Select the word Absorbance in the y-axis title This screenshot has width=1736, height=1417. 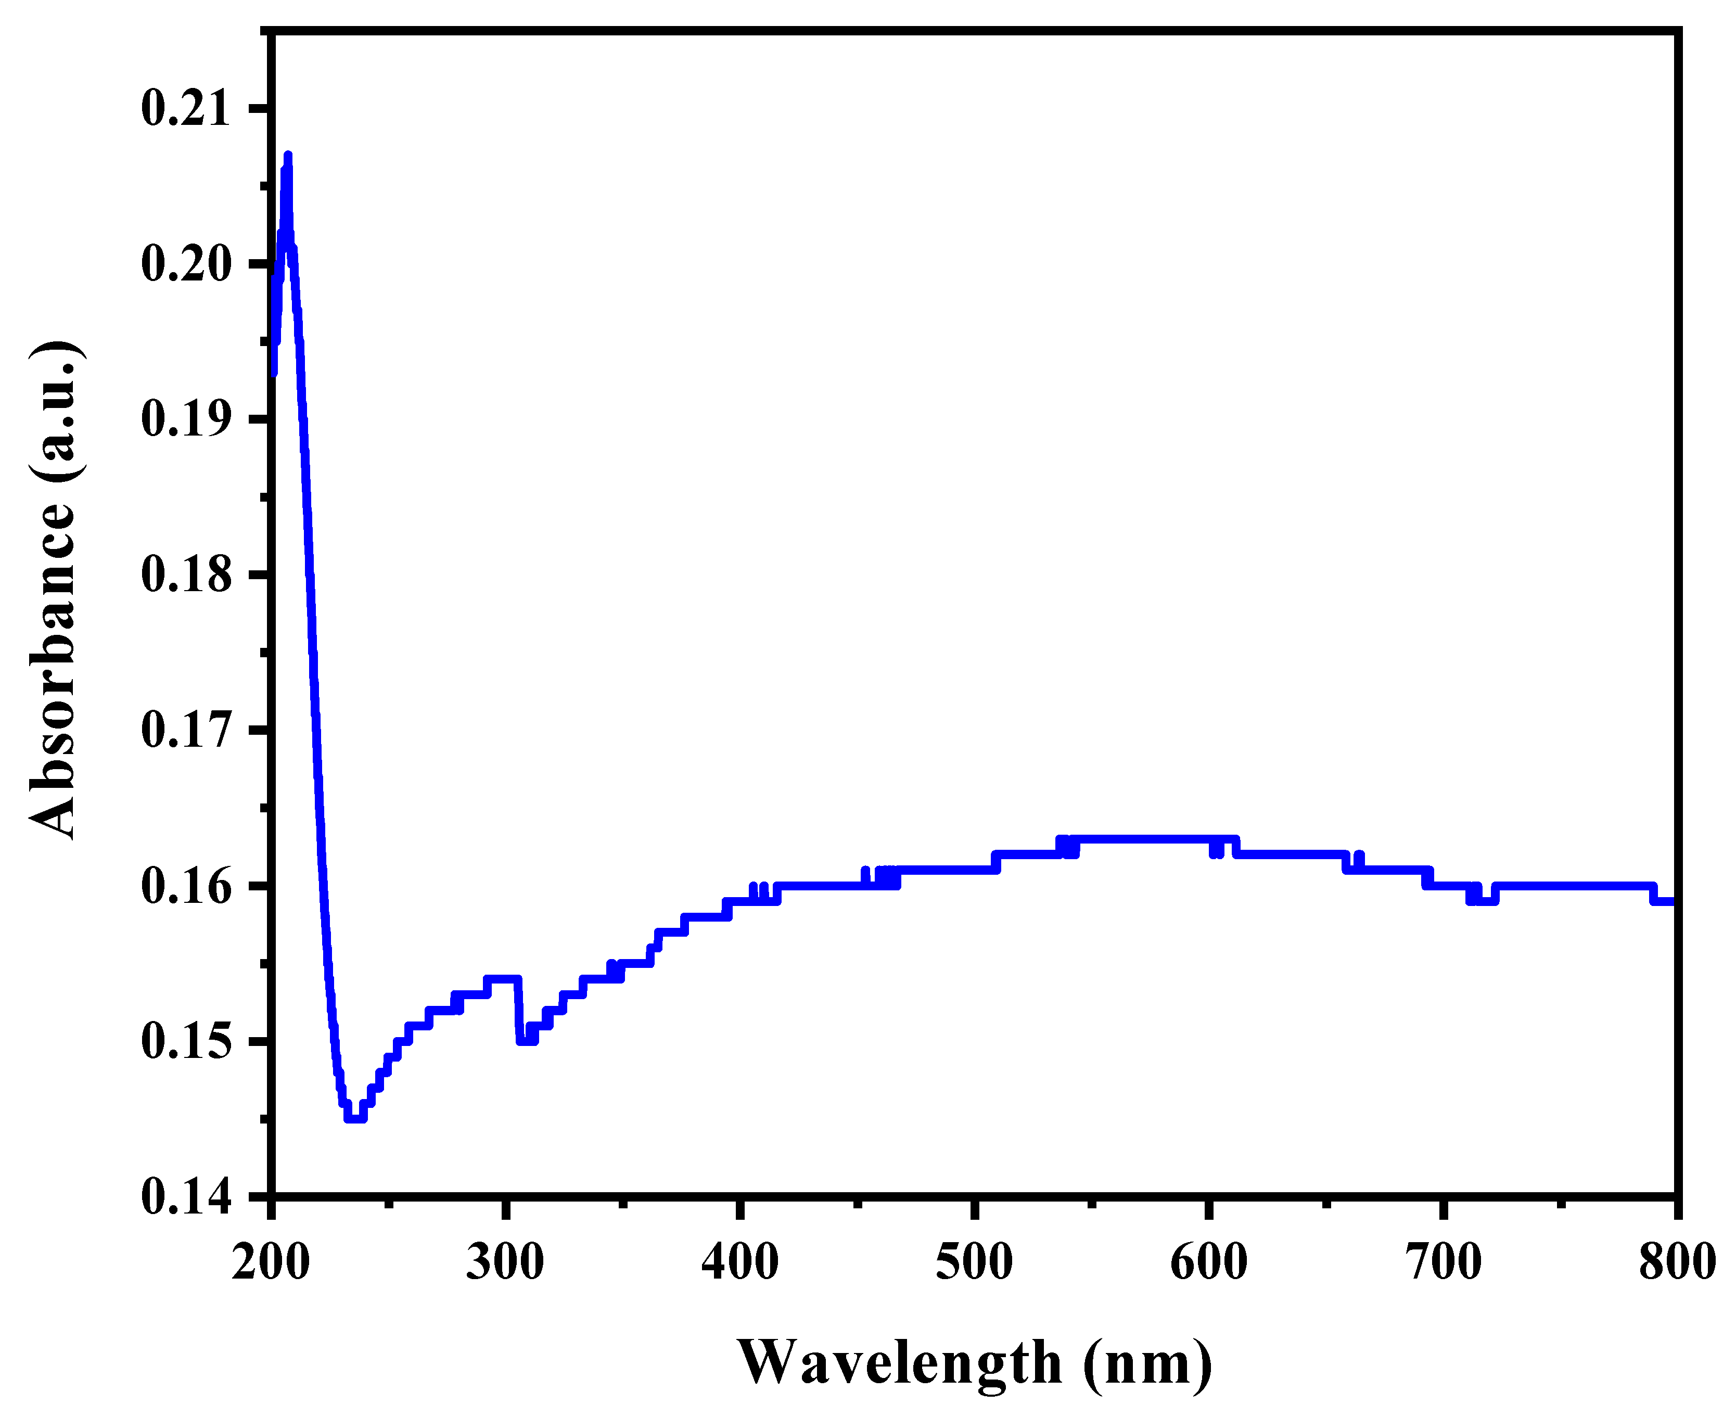(54, 669)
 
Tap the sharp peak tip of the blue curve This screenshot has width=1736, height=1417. (287, 155)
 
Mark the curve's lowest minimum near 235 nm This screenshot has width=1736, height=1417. (355, 1117)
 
